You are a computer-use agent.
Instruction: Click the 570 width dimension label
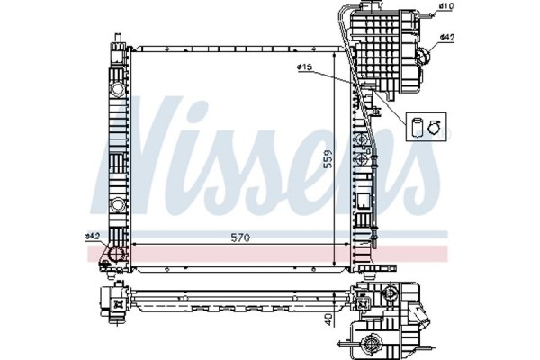pos(238,237)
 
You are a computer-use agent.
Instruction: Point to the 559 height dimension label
pos(330,158)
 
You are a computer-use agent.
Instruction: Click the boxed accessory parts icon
pos(426,127)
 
